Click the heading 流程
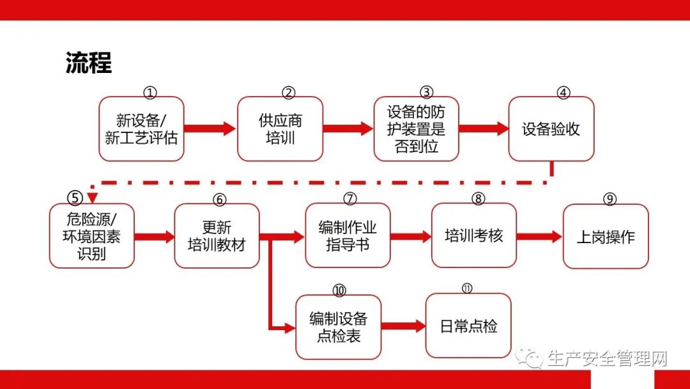click(x=89, y=63)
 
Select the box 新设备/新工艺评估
click(x=141, y=129)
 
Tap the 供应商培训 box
click(x=280, y=129)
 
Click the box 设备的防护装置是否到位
click(x=417, y=129)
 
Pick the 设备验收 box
click(x=551, y=129)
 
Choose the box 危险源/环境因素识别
click(x=91, y=235)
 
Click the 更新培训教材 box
click(x=217, y=235)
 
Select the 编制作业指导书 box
click(x=348, y=235)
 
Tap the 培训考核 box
click(x=474, y=235)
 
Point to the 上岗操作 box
click(x=606, y=236)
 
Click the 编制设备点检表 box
click(x=338, y=327)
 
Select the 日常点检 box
click(x=468, y=326)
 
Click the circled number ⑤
click(x=75, y=198)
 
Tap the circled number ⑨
click(x=609, y=199)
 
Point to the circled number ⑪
click(x=467, y=288)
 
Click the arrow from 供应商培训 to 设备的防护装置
click(x=348, y=129)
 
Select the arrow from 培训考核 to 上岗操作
click(x=539, y=237)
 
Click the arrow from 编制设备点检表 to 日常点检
click(x=403, y=326)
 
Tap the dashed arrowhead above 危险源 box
click(x=92, y=197)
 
